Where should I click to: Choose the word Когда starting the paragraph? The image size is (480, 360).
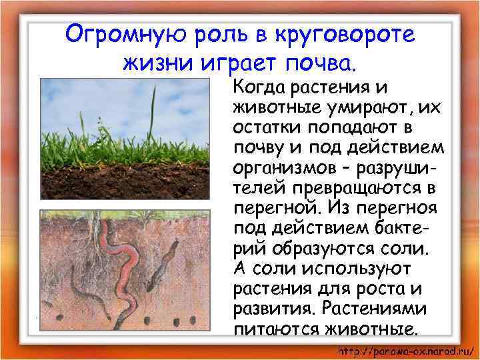pos(261,89)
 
